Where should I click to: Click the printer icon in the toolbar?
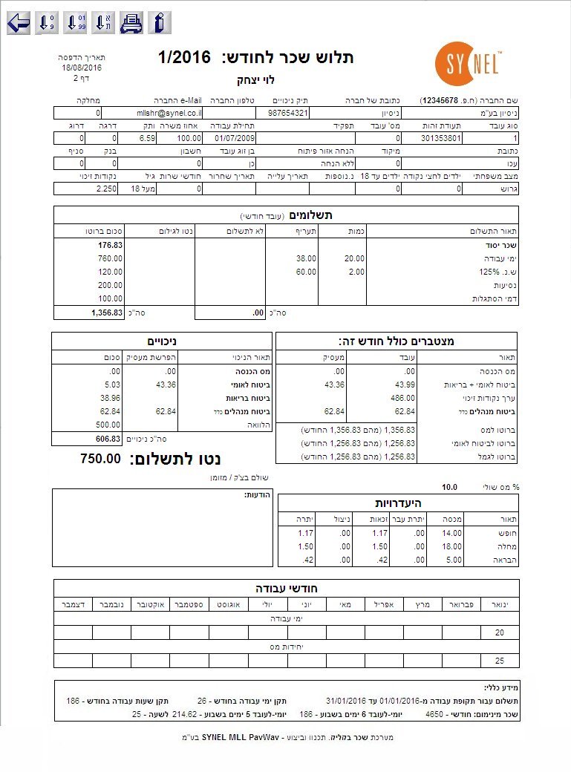pos(131,23)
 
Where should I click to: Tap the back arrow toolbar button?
pos(19,23)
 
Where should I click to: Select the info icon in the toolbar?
pos(159,23)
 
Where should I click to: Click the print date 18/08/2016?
pos(82,68)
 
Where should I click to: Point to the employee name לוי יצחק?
pos(255,79)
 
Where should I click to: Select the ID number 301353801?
pos(442,138)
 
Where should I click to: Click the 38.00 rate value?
pos(306,258)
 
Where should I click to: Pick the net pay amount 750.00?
pos(99,458)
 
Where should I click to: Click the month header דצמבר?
pos(74,605)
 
